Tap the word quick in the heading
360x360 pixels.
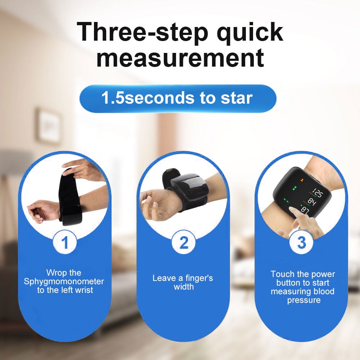tap(250, 33)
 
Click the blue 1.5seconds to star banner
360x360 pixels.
tap(178, 99)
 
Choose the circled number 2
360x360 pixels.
tap(184, 242)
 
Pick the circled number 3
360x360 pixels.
tap(301, 242)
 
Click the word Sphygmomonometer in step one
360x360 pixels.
tap(64, 282)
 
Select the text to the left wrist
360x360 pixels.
tap(65, 290)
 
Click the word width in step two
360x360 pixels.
tap(184, 287)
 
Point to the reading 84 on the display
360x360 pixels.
tap(312, 202)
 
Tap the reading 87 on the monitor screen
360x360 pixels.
tap(305, 210)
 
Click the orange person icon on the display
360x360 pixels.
tap(301, 180)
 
